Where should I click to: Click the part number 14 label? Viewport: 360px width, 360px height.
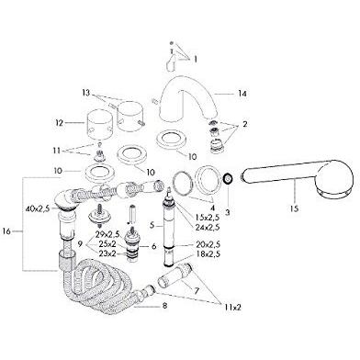tap(242, 94)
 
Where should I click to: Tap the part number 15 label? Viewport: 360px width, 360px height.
tap(295, 208)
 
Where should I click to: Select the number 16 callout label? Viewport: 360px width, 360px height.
tap(6, 231)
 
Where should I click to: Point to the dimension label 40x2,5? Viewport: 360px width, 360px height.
tap(38, 209)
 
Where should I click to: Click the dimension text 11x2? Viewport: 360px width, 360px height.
tap(231, 308)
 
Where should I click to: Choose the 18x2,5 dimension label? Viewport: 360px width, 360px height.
tap(208, 253)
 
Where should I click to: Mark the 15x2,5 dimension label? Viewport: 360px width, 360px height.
tap(208, 218)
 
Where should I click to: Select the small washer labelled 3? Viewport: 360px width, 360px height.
tap(228, 178)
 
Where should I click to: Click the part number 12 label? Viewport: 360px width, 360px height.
tap(59, 123)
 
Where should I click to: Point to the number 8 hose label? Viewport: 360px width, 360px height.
tap(165, 306)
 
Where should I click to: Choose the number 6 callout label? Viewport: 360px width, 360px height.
tap(153, 246)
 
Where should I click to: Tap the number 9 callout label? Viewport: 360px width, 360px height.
tap(80, 244)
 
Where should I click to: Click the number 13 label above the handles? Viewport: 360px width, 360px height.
tap(86, 93)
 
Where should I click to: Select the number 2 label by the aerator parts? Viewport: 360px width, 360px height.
tap(245, 125)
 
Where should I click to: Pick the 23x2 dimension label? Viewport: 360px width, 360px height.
tap(107, 253)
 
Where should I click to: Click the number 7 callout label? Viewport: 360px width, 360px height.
tap(196, 290)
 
